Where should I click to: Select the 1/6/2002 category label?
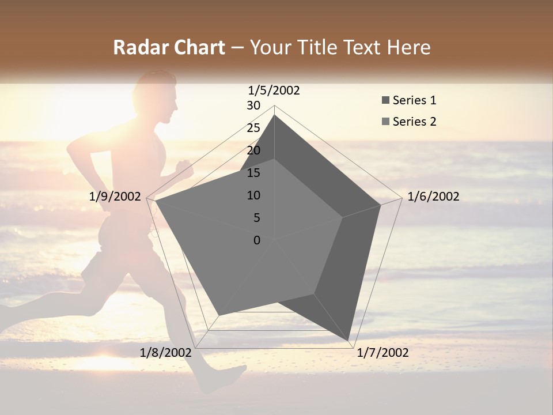(433, 197)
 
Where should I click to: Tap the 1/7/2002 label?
(382, 353)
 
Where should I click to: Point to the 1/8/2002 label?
(166, 353)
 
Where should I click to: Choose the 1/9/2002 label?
(115, 197)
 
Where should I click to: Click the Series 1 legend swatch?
(385, 101)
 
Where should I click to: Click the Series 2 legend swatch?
(385, 122)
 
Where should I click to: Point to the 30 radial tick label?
(253, 105)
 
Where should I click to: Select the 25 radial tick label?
(253, 128)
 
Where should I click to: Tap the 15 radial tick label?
(253, 173)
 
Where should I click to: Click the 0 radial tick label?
(257, 240)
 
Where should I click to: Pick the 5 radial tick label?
(257, 218)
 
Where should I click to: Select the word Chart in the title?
(196, 47)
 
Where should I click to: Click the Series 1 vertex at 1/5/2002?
(274, 115)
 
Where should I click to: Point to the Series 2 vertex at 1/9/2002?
(155, 201)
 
